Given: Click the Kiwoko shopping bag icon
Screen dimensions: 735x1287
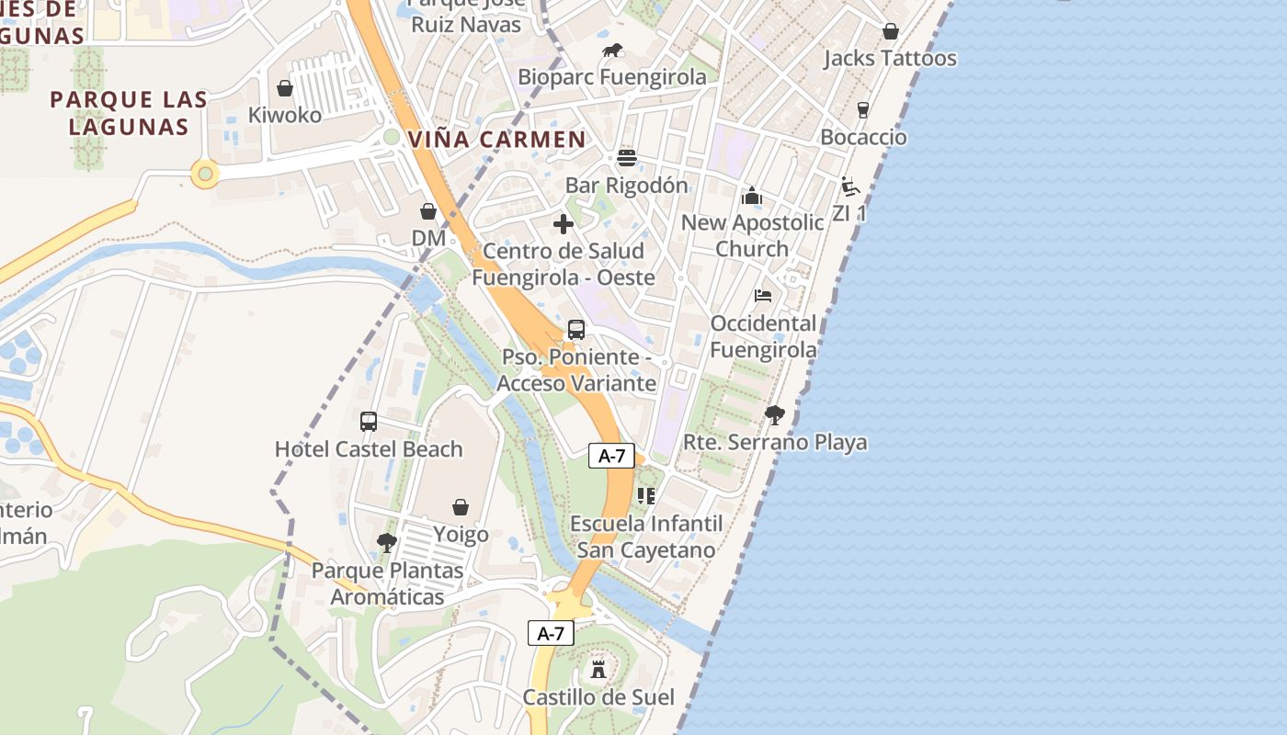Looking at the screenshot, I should (285, 88).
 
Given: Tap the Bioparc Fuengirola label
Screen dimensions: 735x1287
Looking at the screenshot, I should (612, 77).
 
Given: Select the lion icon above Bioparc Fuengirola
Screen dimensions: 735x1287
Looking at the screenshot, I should (612, 50).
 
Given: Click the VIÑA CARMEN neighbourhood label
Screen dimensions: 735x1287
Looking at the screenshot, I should (496, 140).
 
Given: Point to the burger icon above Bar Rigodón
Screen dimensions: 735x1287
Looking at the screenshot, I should (627, 158).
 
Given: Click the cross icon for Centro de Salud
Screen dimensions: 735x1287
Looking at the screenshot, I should (564, 224).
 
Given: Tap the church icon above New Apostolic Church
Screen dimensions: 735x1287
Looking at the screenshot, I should (752, 196).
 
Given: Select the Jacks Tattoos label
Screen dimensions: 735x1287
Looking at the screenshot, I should (890, 59).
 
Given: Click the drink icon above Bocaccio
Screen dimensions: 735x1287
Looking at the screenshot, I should (863, 110).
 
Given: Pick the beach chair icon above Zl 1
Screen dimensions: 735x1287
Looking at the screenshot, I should (850, 187).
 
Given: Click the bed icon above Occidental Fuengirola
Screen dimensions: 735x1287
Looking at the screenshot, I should (763, 296).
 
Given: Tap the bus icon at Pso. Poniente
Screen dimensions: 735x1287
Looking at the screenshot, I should (576, 330).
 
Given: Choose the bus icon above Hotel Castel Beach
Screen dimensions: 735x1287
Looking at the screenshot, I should (369, 422).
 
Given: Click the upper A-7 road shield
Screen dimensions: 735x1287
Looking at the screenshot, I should (611, 455).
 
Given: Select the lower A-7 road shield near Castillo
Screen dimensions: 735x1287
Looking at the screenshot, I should (551, 632).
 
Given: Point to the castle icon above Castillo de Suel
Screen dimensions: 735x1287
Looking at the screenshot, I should (598, 669).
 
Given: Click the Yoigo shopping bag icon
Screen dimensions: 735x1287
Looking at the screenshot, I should (461, 507).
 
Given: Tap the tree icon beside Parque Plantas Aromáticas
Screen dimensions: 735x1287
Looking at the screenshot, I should (387, 542).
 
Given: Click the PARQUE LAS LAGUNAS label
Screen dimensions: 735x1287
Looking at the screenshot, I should (129, 113).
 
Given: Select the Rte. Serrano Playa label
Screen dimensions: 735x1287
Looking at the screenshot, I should (775, 442).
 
